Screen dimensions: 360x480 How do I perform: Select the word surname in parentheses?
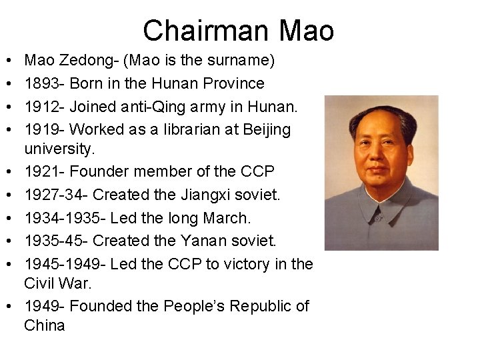236,61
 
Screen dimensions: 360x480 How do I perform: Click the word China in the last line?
45,326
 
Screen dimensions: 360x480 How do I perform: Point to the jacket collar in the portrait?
381,200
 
